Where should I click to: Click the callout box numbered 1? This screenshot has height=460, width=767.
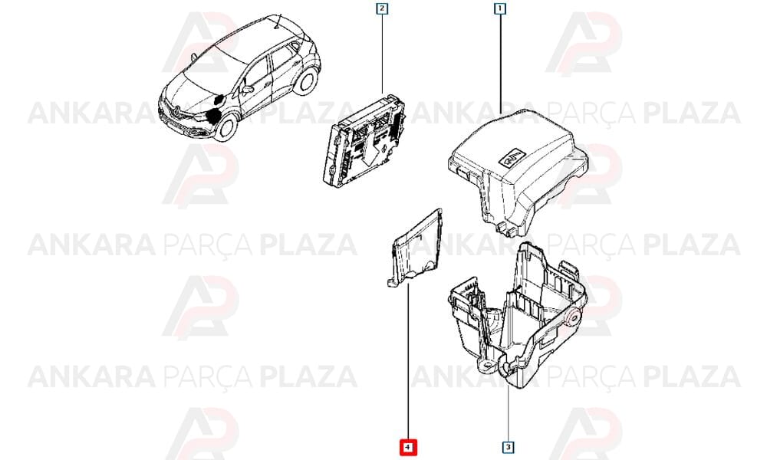[500, 8]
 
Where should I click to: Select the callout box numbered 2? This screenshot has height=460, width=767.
[381, 8]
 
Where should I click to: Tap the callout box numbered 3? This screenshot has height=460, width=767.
[509, 446]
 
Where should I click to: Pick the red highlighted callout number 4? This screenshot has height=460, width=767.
[408, 447]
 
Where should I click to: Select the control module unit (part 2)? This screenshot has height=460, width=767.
[365, 140]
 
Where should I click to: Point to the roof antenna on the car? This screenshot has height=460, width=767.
[278, 23]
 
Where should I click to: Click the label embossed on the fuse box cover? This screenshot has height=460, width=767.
[511, 156]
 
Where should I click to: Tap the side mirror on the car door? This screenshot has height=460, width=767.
[248, 90]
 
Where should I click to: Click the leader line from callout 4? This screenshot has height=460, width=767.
[408, 362]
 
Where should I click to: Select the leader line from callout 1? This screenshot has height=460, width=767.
[500, 64]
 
